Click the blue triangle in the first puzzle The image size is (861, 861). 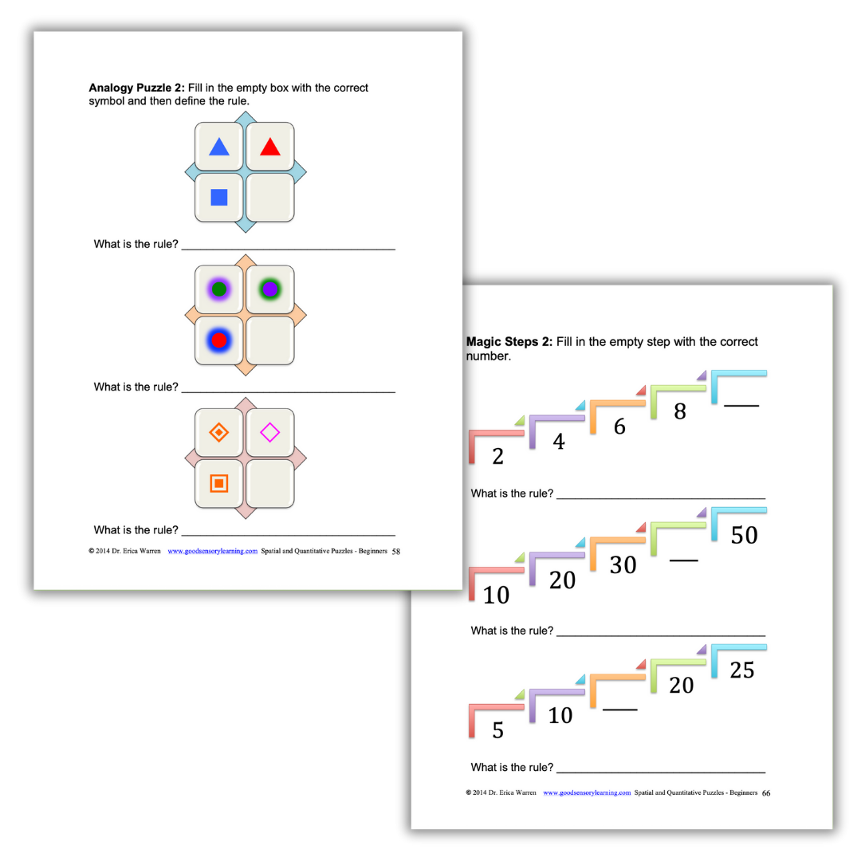pyautogui.click(x=219, y=147)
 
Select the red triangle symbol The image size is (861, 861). pyautogui.click(x=270, y=147)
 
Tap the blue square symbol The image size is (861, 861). pyautogui.click(x=219, y=197)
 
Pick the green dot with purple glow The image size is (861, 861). pyautogui.click(x=219, y=289)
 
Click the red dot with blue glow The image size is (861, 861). pyautogui.click(x=219, y=340)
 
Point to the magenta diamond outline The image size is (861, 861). pyautogui.click(x=270, y=433)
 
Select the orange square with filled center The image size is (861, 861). pyautogui.click(x=219, y=483)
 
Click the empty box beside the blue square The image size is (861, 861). pyautogui.click(x=270, y=197)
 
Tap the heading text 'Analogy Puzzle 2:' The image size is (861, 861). pyautogui.click(x=136, y=88)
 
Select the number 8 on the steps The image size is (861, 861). pyautogui.click(x=680, y=412)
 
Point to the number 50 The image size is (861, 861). pyautogui.click(x=744, y=535)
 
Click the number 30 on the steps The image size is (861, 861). pyautogui.click(x=623, y=564)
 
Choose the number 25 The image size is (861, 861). pyautogui.click(x=741, y=670)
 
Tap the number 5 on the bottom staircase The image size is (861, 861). pyautogui.click(x=497, y=730)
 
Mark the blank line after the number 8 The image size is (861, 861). pyautogui.click(x=741, y=406)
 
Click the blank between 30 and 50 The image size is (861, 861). pyautogui.click(x=683, y=560)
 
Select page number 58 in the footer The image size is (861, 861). pyautogui.click(x=396, y=551)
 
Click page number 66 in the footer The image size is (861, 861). pyautogui.click(x=766, y=793)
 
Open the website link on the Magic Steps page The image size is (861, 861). pyautogui.click(x=587, y=793)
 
